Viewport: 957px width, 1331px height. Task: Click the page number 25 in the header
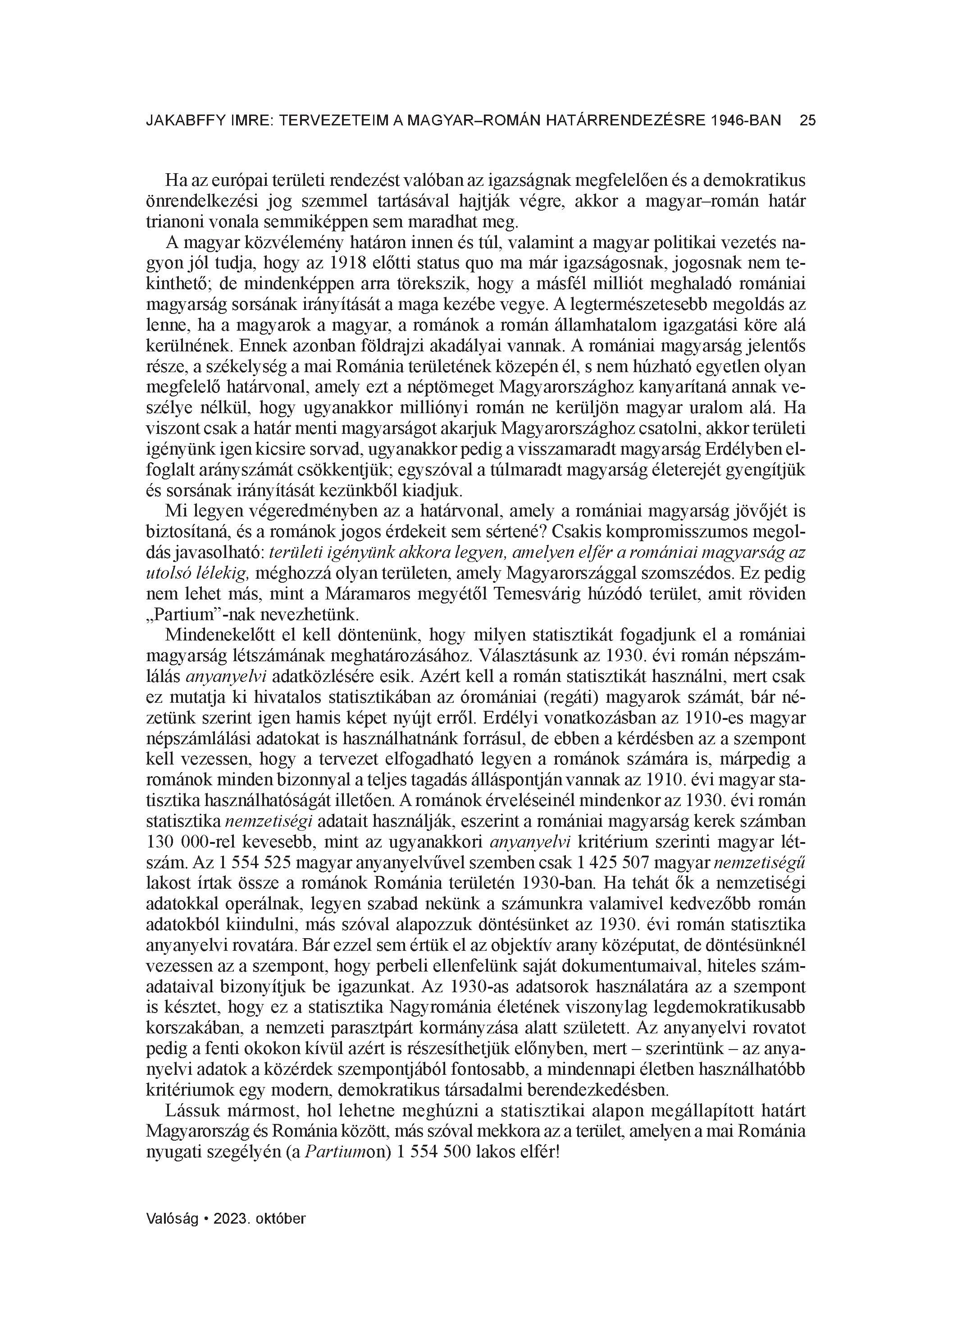pos(807,121)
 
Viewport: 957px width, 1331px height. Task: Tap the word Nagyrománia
pos(439,1007)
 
